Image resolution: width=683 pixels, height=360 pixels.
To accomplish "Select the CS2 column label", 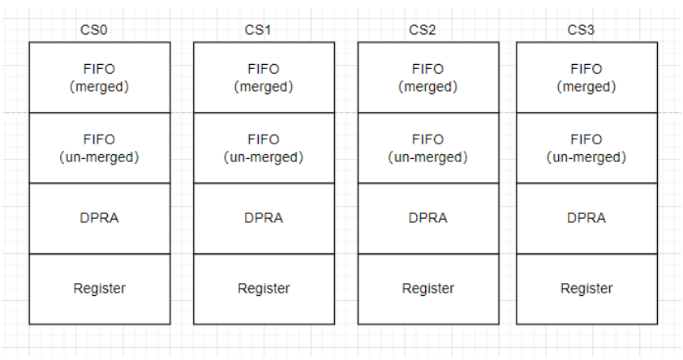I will pos(423,31).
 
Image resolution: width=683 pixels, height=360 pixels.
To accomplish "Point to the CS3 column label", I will pos(581,31).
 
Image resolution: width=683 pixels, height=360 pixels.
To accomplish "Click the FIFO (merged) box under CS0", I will pos(100,78).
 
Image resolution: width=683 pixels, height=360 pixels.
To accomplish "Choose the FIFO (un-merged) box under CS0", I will pos(100,148).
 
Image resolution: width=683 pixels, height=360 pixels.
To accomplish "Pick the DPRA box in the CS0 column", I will pos(100,218).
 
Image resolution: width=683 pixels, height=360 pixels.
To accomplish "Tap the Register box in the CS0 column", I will pos(100,289).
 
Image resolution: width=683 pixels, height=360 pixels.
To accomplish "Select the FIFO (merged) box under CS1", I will pos(264,78).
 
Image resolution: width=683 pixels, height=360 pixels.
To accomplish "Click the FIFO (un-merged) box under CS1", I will pos(264,148).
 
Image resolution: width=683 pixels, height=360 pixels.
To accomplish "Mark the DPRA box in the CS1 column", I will pos(264,218).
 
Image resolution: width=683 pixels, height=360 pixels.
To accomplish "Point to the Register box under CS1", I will pos(264,289).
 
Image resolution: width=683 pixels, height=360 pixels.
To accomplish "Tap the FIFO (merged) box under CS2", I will pos(427,78).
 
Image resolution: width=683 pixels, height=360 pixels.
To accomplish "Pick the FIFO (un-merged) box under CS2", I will pos(427,148).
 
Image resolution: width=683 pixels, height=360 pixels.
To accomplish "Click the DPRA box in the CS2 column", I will pos(427,218).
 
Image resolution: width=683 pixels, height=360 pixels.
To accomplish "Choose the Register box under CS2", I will pos(427,289).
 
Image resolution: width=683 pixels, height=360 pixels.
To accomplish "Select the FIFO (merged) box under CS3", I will pos(586,78).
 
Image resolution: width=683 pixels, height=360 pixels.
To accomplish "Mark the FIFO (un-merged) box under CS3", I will pos(586,148).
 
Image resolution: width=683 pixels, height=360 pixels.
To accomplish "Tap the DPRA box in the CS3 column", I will pos(586,218).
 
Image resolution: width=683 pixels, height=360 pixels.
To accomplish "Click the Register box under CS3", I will pos(586,289).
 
